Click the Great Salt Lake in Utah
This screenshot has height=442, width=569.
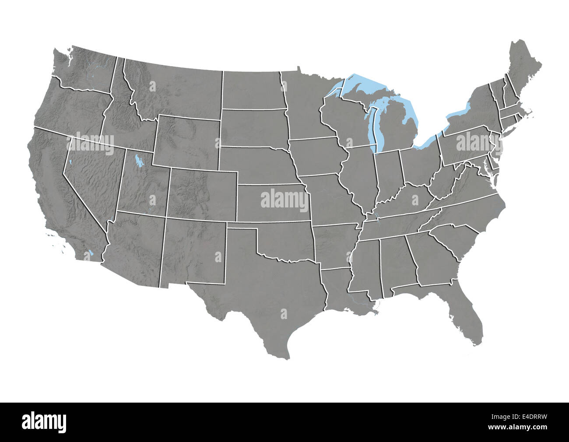[x=139, y=161]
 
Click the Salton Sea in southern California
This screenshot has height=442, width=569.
[x=91, y=253]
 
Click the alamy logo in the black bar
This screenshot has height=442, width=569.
[x=44, y=421]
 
